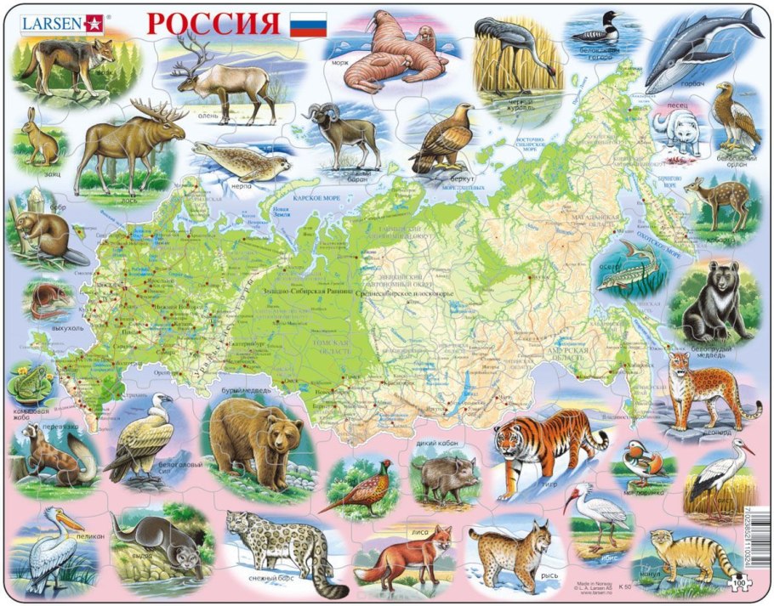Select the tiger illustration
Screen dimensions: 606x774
[x=549, y=449]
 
